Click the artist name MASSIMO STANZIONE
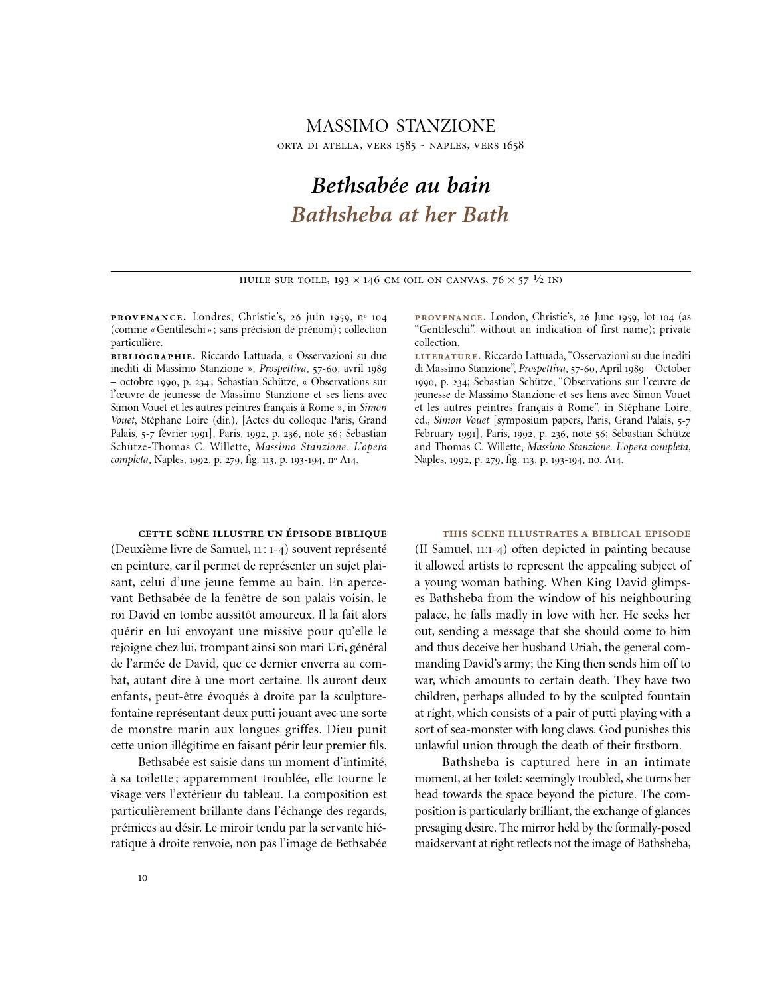[400, 126]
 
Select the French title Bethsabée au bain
[400, 185]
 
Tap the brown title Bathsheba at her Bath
[400, 215]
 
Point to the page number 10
[143, 878]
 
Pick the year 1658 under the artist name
[512, 145]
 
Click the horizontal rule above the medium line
[400, 271]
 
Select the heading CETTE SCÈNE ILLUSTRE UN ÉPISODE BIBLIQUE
[262, 534]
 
